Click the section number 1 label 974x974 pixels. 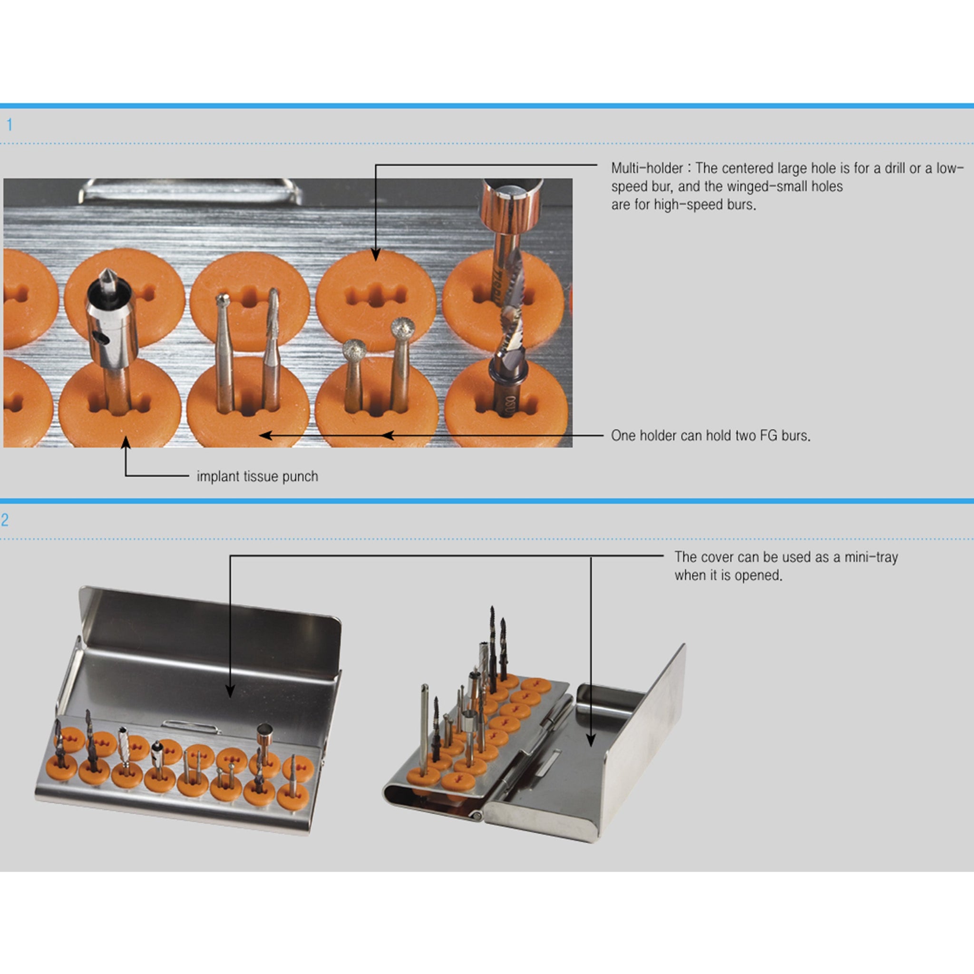9,125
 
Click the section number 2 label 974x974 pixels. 5,520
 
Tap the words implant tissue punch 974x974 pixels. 257,477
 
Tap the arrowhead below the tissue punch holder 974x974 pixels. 126,443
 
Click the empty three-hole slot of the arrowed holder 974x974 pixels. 376,295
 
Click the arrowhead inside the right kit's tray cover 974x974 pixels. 591,740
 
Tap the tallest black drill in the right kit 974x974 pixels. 493,650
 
